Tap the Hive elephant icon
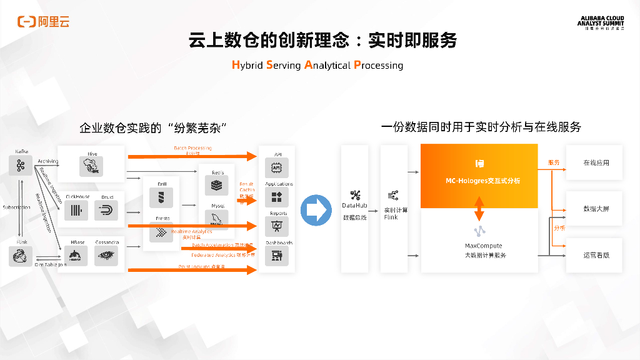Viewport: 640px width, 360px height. point(92,166)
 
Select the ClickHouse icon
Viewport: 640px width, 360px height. point(77,211)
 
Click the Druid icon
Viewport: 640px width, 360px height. point(106,211)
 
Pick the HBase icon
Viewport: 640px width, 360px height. point(77,254)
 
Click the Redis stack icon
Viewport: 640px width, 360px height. point(217,186)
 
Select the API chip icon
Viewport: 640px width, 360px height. point(276,167)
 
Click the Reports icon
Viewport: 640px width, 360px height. point(276,226)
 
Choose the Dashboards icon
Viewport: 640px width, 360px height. point(276,255)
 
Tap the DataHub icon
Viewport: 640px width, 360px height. point(354,195)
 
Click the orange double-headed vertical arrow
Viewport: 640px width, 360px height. point(479,209)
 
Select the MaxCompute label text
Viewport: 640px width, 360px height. point(484,246)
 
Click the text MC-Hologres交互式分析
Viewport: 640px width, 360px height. point(479,181)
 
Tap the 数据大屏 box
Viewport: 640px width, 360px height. point(595,209)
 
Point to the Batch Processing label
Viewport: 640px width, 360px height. point(192,148)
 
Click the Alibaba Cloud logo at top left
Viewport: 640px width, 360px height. point(43,22)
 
